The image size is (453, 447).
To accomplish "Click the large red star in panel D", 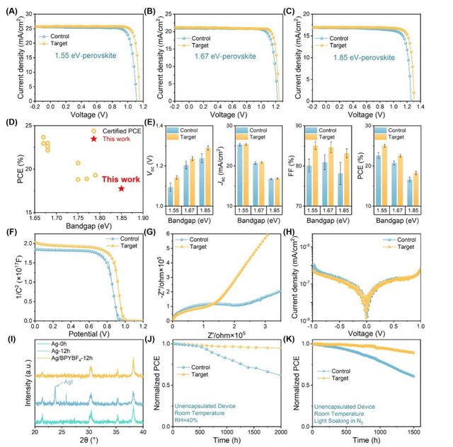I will click(x=122, y=188).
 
